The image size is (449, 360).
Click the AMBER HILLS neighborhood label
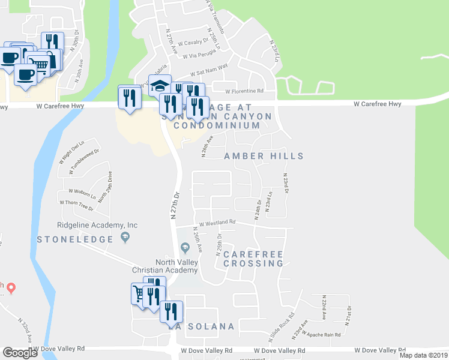point(264,156)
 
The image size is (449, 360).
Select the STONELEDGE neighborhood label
point(75,239)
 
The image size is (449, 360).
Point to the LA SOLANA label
point(201,326)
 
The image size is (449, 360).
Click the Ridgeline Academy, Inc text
point(97,225)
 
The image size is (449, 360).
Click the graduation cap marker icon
point(160,86)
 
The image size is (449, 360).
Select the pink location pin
point(11,287)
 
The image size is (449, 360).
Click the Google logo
point(20,352)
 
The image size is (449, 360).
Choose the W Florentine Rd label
point(244,92)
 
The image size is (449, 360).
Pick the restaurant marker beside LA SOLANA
point(171,311)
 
